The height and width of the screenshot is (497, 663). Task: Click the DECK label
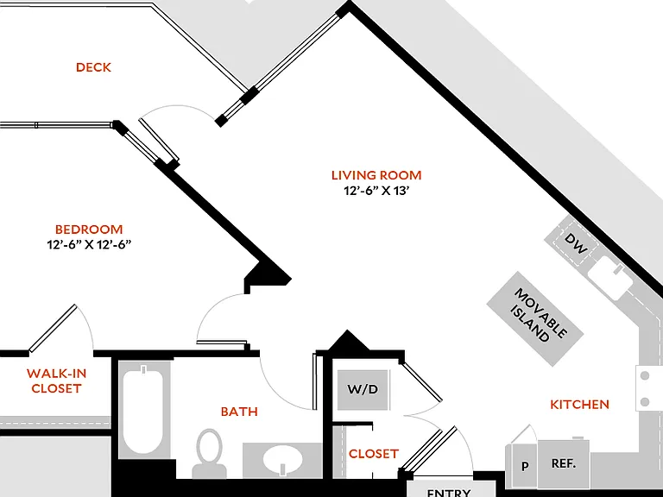pos(93,67)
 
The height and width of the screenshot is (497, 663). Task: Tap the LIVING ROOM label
pos(376,175)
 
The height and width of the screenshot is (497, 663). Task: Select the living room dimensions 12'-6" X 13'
pos(376,191)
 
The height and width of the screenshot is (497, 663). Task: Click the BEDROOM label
pos(89,230)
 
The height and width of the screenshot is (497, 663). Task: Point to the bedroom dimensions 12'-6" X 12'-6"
pos(89,245)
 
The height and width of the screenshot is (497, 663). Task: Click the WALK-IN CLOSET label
pos(56,381)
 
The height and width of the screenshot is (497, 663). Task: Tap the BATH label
pos(239,412)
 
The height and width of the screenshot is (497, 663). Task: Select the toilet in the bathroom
pos(209,453)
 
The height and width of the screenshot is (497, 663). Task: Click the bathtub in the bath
pos(143,409)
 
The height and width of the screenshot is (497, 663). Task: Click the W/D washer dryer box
pos(363,390)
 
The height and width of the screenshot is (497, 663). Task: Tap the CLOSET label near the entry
pos(373,454)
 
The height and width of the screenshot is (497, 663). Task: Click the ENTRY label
pos(449,493)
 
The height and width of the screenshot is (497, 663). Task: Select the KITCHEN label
pos(580,405)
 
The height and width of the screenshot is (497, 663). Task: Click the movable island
pos(535,318)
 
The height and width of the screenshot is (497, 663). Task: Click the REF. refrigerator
pos(564,463)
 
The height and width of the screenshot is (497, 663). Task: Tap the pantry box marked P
pos(524,465)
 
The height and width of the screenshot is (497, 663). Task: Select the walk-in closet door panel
pos(53,328)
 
